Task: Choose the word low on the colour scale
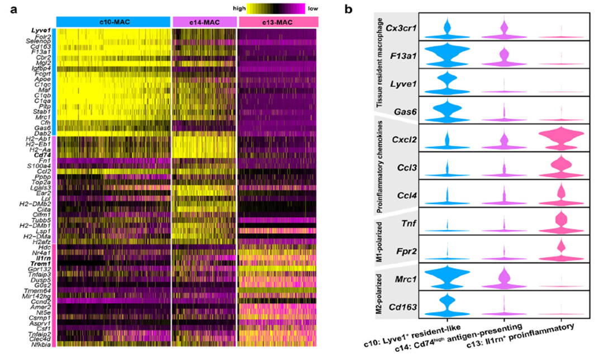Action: coord(314,8)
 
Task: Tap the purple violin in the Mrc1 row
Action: coord(504,278)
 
